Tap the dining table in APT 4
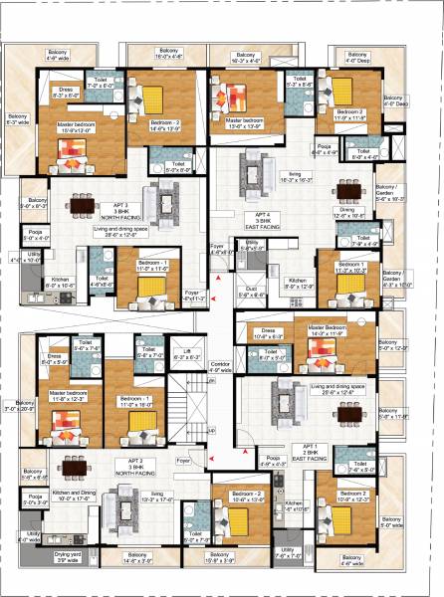(347, 190)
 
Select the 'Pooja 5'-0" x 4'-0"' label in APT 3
(32, 236)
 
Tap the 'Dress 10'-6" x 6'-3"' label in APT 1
(270, 334)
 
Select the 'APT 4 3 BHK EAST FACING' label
(262, 215)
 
